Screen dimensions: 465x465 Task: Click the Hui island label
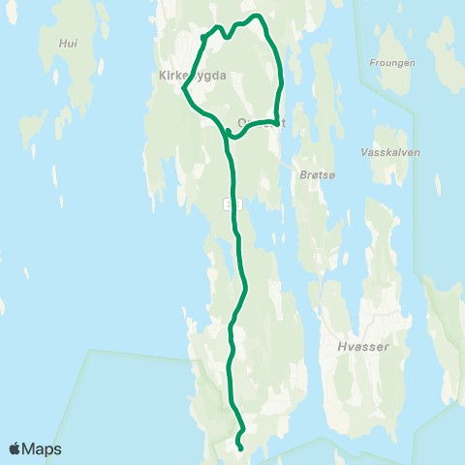[x=67, y=44]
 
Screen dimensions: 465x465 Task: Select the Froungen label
[x=392, y=63]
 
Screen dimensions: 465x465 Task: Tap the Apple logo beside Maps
[x=15, y=449]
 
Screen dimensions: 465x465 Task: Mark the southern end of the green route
[x=239, y=446]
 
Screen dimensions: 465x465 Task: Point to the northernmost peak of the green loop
[x=258, y=15]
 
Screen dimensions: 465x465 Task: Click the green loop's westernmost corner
[x=183, y=89]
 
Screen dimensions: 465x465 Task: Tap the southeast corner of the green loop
[x=277, y=123]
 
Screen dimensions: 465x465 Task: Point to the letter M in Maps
[x=29, y=449]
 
